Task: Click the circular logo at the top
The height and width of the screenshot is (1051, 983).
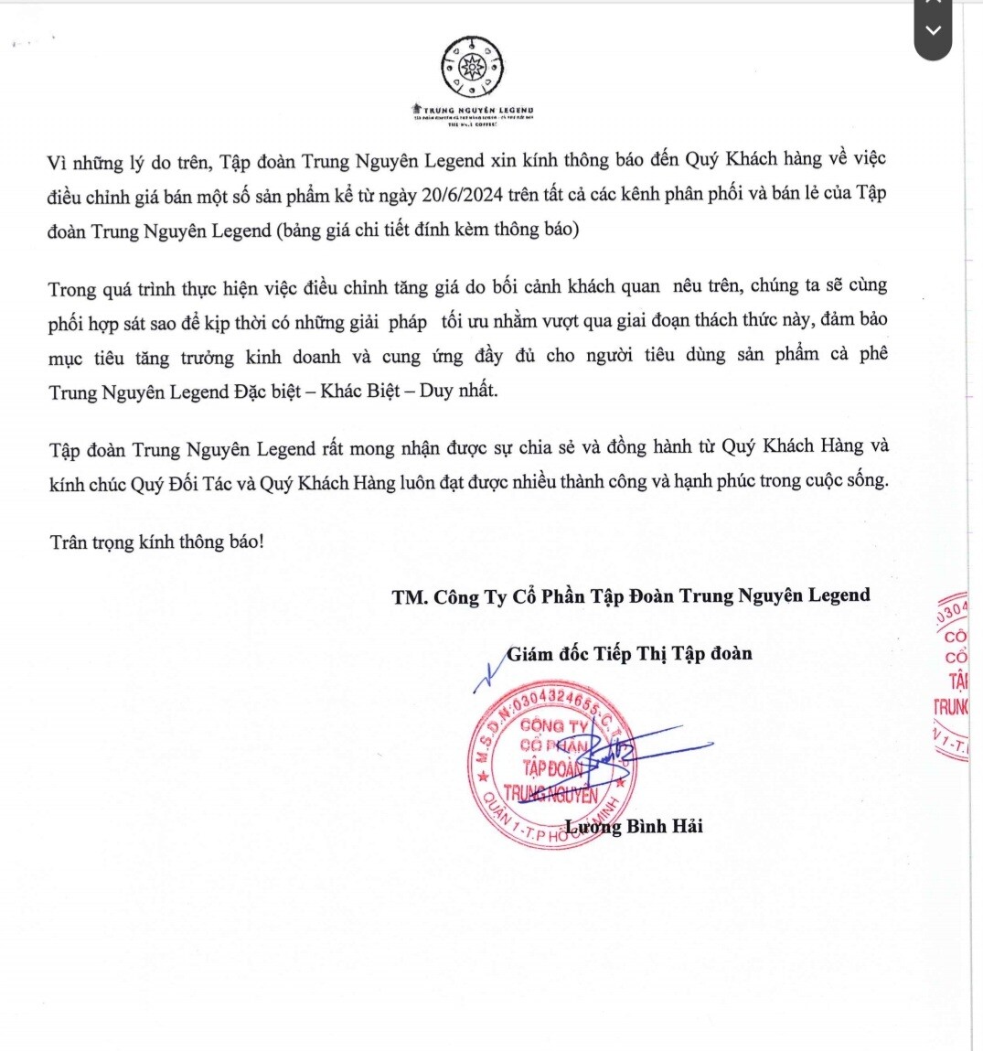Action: (x=472, y=68)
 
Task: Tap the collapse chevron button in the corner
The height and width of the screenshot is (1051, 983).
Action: (x=933, y=31)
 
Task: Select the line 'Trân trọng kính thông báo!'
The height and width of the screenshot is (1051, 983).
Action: (x=157, y=542)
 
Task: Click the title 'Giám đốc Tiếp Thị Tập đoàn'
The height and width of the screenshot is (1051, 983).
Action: (x=629, y=653)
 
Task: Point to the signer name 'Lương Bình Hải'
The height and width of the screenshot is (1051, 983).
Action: (x=634, y=826)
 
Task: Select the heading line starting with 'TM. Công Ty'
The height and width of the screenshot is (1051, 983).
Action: (x=631, y=596)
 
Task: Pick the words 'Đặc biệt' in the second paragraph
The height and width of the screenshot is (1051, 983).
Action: (x=267, y=391)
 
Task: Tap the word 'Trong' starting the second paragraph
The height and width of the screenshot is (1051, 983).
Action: (x=72, y=290)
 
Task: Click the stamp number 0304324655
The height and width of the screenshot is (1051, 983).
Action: (x=556, y=702)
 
